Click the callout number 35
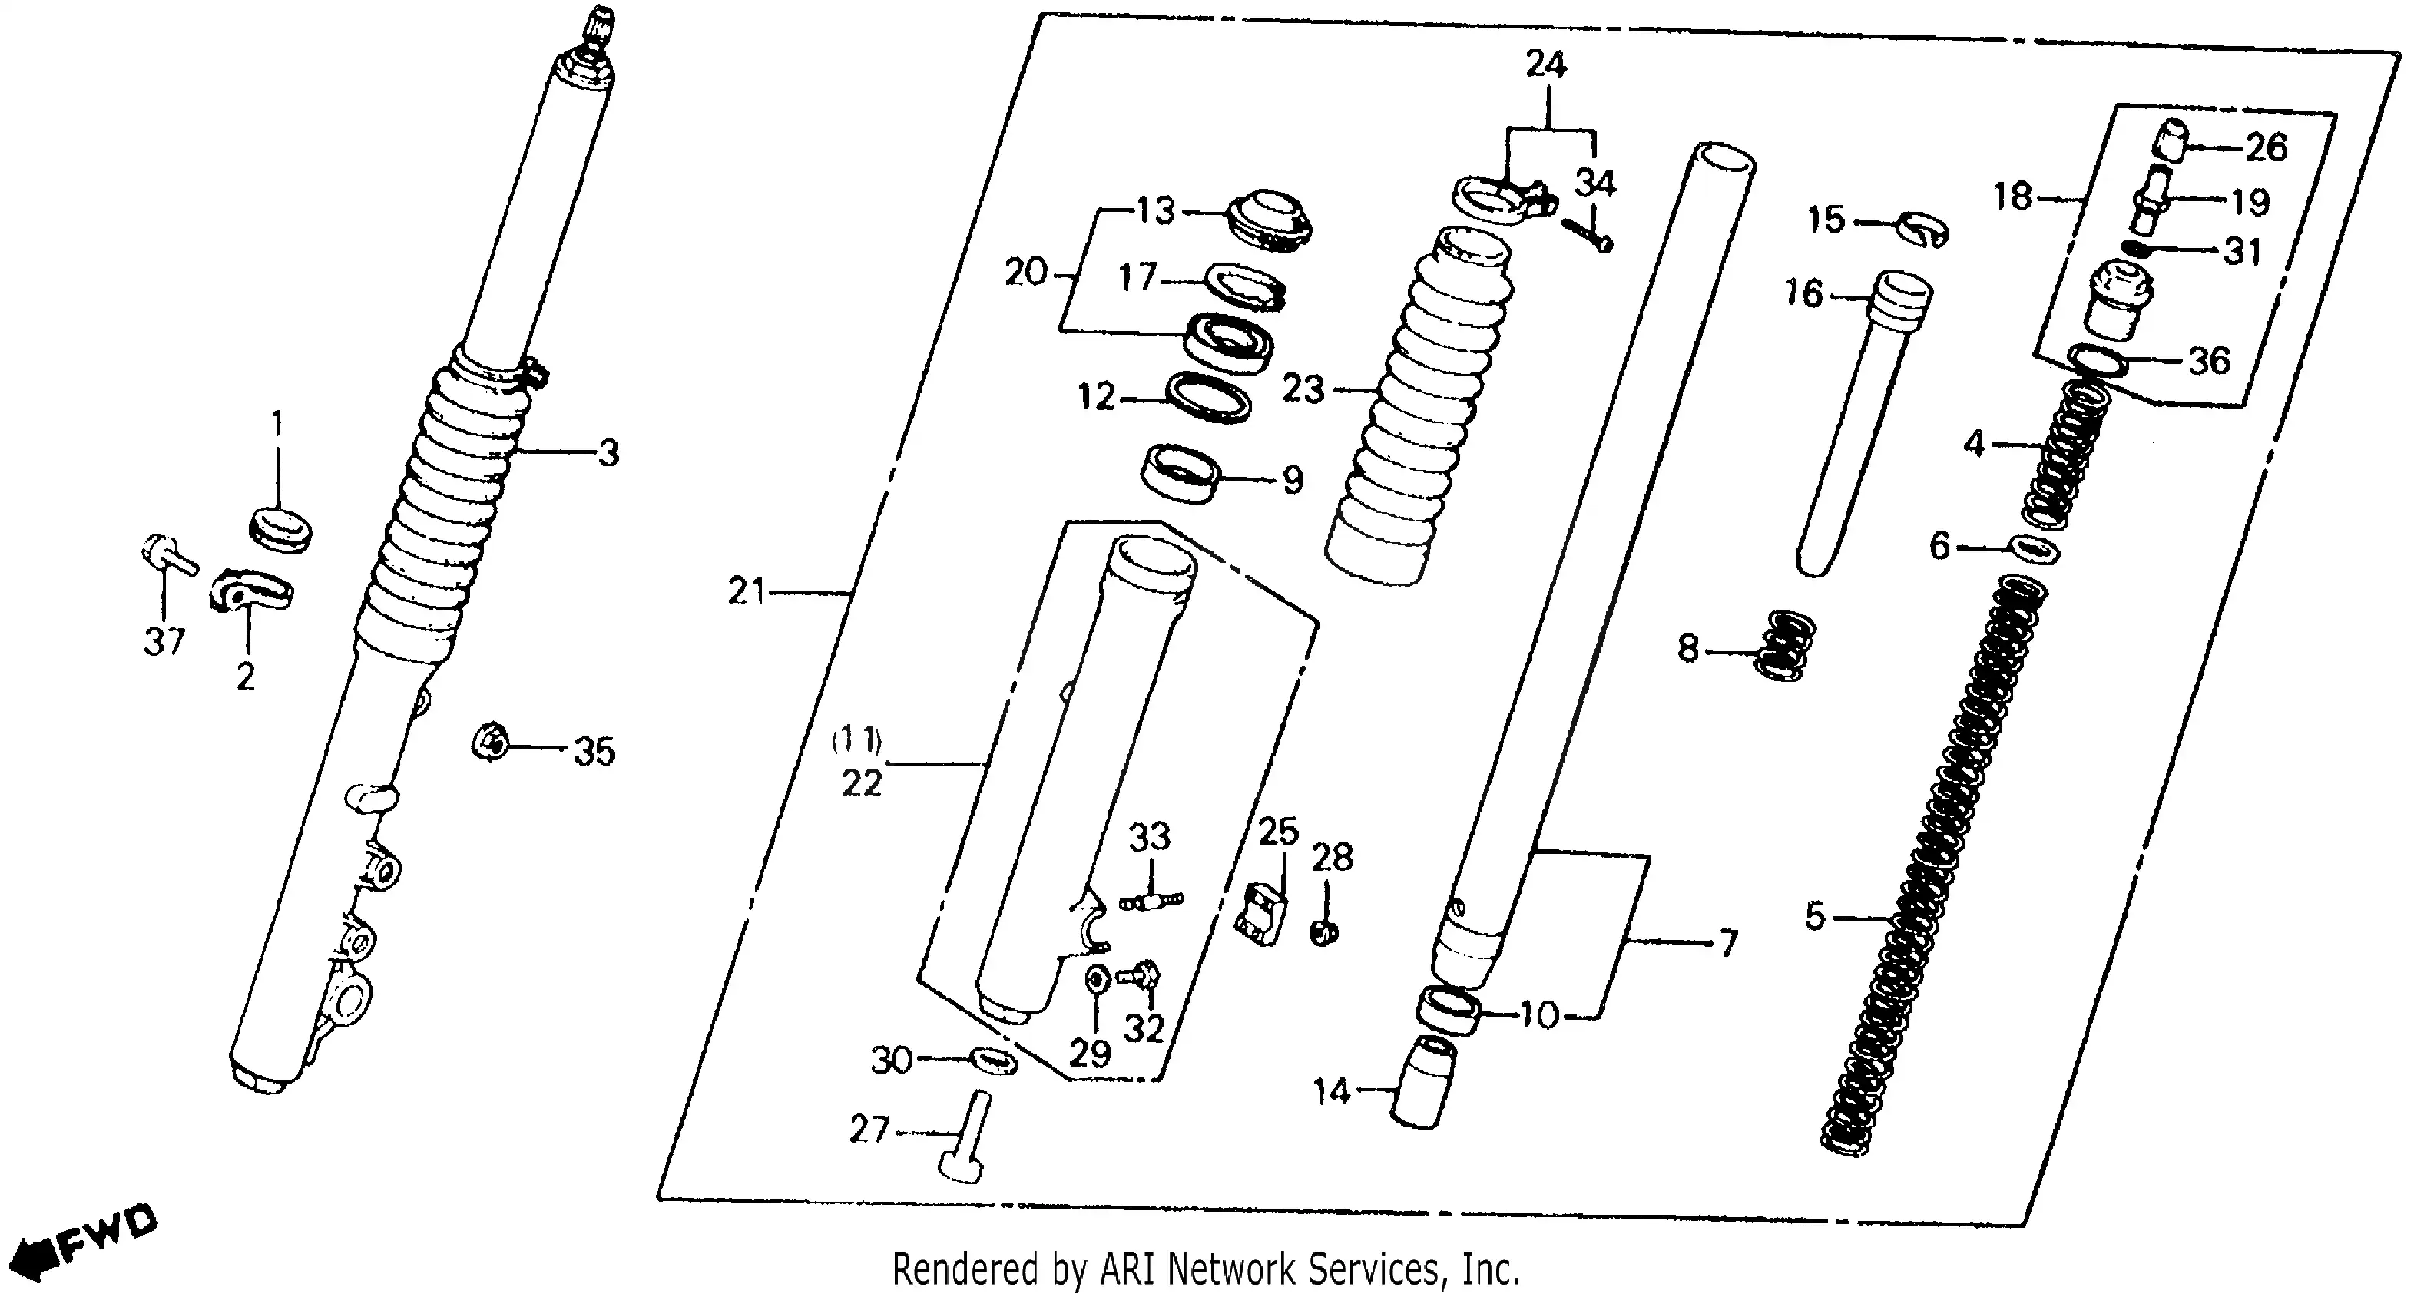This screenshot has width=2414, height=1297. [x=594, y=752]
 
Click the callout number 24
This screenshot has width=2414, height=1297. [x=1545, y=65]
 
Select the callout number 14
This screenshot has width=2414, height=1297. [x=1331, y=1091]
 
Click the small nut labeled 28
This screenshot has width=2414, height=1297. [x=1323, y=932]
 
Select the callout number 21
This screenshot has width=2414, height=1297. [x=747, y=591]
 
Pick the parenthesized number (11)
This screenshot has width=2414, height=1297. [x=856, y=740]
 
